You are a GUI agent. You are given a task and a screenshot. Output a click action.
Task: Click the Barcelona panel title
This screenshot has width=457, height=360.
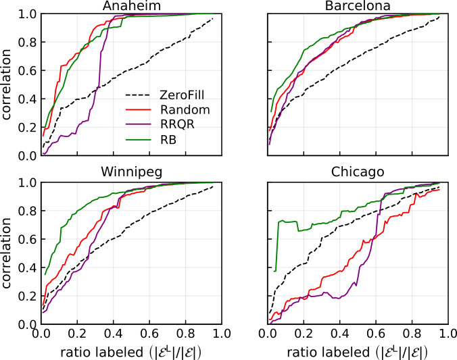[358, 6]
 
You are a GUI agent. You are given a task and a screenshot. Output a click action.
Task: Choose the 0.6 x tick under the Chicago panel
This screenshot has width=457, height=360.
[377, 334]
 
